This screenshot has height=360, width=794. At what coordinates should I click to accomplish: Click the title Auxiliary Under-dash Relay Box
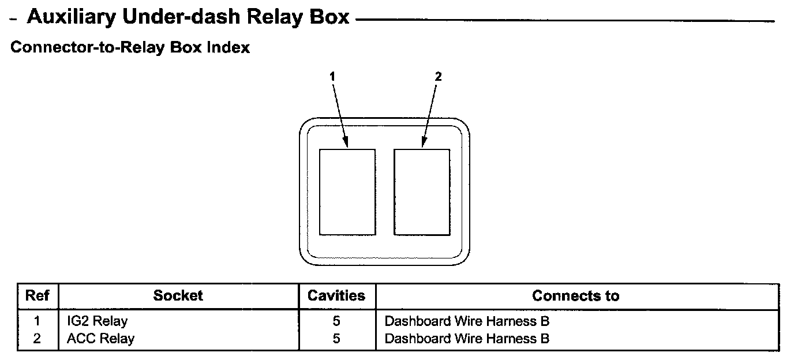pyautogui.click(x=188, y=17)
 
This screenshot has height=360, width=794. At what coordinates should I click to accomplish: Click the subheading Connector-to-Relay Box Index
pyautogui.click(x=130, y=47)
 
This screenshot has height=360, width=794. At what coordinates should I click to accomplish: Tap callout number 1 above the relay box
pyautogui.click(x=332, y=76)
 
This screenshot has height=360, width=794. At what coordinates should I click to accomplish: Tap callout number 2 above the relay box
pyautogui.click(x=438, y=76)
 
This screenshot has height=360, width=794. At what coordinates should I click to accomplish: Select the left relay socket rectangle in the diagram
pyautogui.click(x=347, y=192)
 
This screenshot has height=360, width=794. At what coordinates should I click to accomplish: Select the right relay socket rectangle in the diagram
pyautogui.click(x=422, y=192)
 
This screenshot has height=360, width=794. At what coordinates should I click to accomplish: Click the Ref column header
pyautogui.click(x=38, y=296)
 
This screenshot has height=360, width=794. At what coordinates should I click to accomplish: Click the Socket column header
pyautogui.click(x=178, y=296)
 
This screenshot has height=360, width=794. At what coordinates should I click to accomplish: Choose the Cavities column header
pyautogui.click(x=336, y=296)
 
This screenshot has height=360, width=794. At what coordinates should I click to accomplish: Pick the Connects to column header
pyautogui.click(x=575, y=296)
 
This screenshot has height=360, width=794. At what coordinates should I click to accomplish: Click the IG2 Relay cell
pyautogui.click(x=97, y=321)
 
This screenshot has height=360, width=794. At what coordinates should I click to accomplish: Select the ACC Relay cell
pyautogui.click(x=100, y=339)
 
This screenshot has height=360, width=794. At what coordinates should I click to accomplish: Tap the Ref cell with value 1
pyautogui.click(x=38, y=321)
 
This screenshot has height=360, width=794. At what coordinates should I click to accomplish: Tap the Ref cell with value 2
pyautogui.click(x=38, y=339)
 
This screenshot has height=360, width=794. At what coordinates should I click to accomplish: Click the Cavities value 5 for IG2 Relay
pyautogui.click(x=336, y=321)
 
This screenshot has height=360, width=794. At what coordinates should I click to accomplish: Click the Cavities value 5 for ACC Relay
pyautogui.click(x=336, y=339)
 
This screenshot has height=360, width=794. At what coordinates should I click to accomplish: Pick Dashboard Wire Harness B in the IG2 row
pyautogui.click(x=467, y=321)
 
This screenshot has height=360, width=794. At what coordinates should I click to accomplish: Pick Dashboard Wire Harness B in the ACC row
pyautogui.click(x=467, y=339)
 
